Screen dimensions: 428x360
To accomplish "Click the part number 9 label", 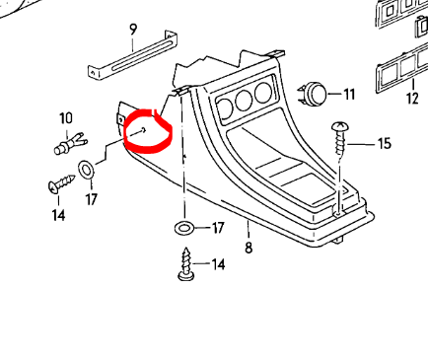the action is coord(132,30).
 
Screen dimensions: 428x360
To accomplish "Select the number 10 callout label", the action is coord(66,118).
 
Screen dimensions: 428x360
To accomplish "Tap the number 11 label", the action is coord(349,95).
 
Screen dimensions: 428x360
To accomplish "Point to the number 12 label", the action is coord(412,99).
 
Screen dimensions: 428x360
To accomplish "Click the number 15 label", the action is coord(385,144).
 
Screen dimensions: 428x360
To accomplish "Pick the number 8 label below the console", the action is coord(249,248).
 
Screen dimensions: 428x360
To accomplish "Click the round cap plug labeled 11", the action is coord(312,94).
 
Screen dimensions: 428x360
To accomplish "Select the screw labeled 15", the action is coord(340,138).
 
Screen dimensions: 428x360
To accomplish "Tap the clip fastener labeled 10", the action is coord(70,145).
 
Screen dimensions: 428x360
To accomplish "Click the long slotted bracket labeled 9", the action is coord(133,55).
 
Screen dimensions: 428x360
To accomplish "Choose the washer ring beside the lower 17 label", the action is coord(184,227).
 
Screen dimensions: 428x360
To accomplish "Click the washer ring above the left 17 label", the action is coord(86,170).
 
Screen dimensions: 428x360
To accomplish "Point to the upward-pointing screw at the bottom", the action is coord(186,264).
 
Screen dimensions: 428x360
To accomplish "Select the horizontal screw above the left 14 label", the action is coord(61,184).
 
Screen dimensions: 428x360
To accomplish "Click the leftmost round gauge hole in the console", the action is coord(225,109).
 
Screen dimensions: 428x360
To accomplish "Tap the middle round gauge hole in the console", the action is coord(244,100).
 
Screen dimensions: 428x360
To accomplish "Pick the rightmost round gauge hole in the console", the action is coord(263,92).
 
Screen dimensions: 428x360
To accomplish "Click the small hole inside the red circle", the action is coord(144,130).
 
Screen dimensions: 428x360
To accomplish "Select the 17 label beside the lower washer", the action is coord(218,228).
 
